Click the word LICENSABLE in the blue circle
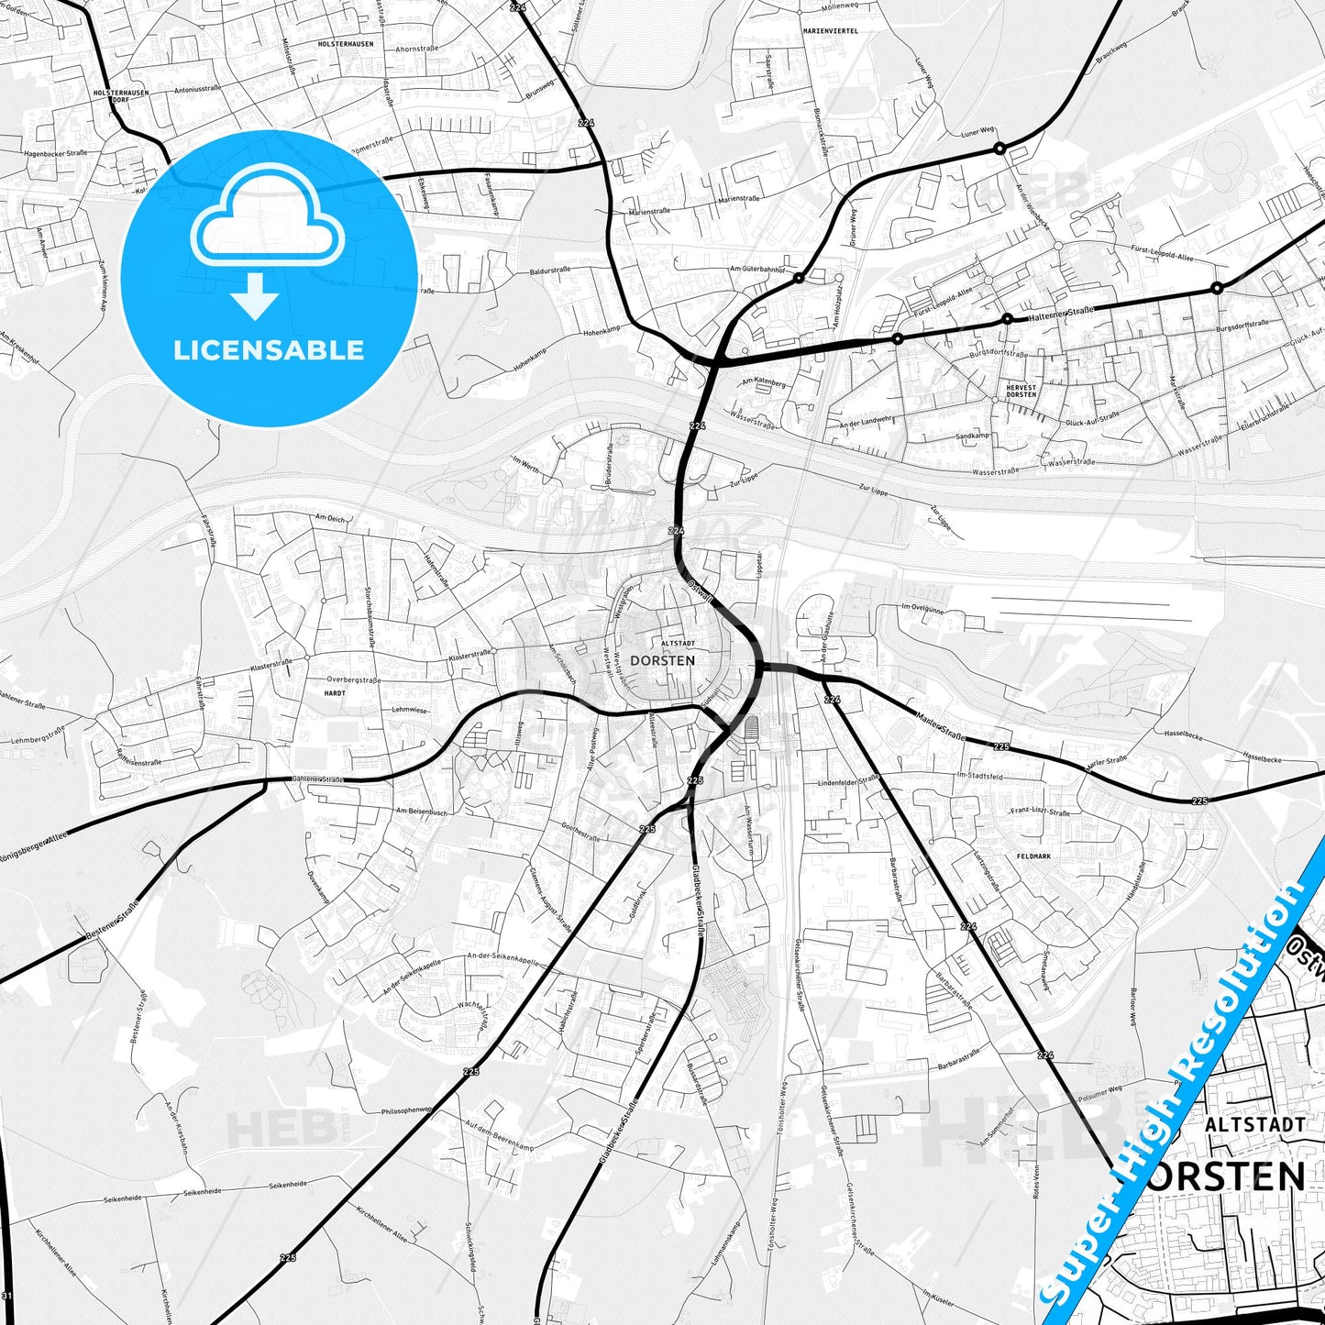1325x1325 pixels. [x=269, y=350]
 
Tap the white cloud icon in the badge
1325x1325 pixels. [x=267, y=220]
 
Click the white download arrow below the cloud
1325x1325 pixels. [x=255, y=296]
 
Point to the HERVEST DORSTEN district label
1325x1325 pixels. [x=1021, y=391]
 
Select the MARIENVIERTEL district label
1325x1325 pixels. [x=830, y=30]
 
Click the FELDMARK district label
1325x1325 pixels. [x=1033, y=856]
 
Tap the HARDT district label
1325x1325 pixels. [x=335, y=693]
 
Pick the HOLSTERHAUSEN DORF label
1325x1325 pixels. [x=121, y=95]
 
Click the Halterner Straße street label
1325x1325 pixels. [x=1061, y=313]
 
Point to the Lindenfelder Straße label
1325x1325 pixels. [x=848, y=781]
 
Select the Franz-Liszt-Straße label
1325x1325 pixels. [x=1040, y=812]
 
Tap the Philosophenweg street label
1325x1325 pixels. [x=405, y=1110]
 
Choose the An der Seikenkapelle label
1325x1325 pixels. [x=403, y=977]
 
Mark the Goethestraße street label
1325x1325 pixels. [x=580, y=832]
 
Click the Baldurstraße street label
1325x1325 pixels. [x=549, y=271]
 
